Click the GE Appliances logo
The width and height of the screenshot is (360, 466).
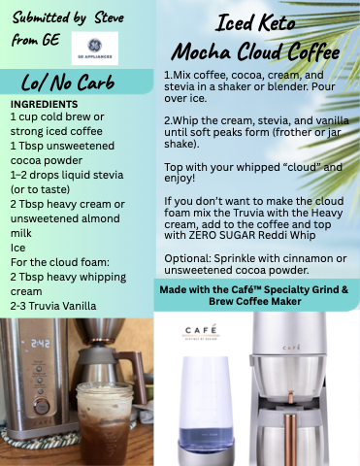coord(95,49)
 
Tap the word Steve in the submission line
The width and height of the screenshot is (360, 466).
coord(109,17)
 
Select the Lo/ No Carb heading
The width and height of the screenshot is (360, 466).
coord(68,83)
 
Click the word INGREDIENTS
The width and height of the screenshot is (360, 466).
coord(44,104)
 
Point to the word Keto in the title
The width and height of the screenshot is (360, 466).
coord(277,23)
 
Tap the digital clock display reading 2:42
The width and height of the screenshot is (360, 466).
coord(41,344)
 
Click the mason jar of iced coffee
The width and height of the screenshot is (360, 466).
coord(105,423)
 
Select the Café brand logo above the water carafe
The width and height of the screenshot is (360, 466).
coord(201,332)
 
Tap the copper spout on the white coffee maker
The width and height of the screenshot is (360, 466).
coord(290,398)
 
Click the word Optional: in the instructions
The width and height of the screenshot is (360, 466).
coord(187,259)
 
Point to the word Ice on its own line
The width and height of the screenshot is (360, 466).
coord(17,248)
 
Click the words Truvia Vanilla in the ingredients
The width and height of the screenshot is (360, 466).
coord(62,306)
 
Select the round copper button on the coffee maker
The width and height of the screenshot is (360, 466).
coord(42,406)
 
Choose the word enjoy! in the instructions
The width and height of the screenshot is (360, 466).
coord(180,179)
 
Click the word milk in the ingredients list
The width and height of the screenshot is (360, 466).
coord(21,233)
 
